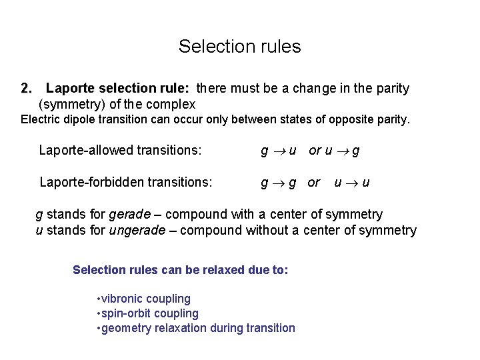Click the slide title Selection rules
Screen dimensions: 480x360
point(239,47)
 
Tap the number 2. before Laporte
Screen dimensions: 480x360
point(27,88)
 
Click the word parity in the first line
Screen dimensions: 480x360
point(393,88)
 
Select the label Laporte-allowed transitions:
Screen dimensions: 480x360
point(120,151)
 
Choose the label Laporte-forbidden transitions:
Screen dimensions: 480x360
point(126,181)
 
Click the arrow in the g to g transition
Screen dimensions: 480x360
point(279,182)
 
